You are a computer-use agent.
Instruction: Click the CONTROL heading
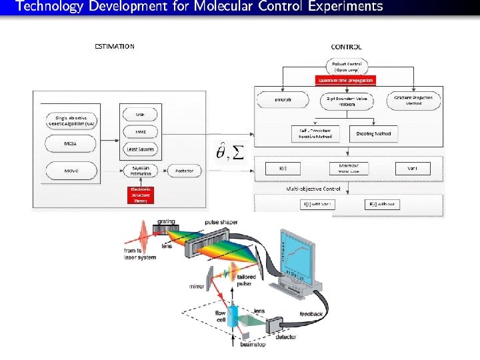(346, 47)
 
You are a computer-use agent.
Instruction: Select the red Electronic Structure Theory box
(140, 195)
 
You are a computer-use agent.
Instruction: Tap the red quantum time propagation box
(345, 79)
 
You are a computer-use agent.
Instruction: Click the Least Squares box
(140, 149)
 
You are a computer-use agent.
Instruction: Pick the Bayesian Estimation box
(140, 171)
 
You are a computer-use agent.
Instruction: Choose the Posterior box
(185, 171)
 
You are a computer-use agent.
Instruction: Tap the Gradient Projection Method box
(413, 100)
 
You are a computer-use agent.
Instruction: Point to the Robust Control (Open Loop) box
(345, 66)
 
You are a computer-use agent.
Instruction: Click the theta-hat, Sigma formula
(229, 153)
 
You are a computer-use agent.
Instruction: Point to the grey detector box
(275, 326)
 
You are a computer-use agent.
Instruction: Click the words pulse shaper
(221, 222)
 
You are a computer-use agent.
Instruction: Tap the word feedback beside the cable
(311, 313)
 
